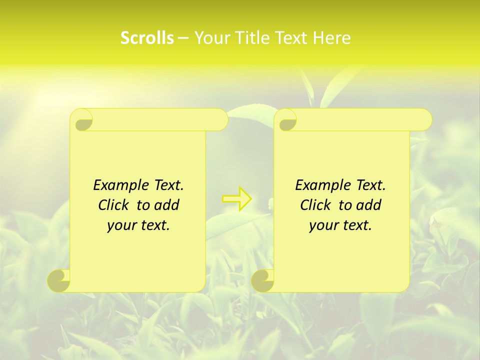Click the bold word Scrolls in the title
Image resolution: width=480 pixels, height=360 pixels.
(147, 38)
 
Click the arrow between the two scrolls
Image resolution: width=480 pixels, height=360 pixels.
(237, 199)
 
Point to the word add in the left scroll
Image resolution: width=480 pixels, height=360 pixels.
(167, 205)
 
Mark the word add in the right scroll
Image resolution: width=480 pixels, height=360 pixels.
(369, 205)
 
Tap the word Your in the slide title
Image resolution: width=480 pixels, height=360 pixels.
(210, 38)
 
